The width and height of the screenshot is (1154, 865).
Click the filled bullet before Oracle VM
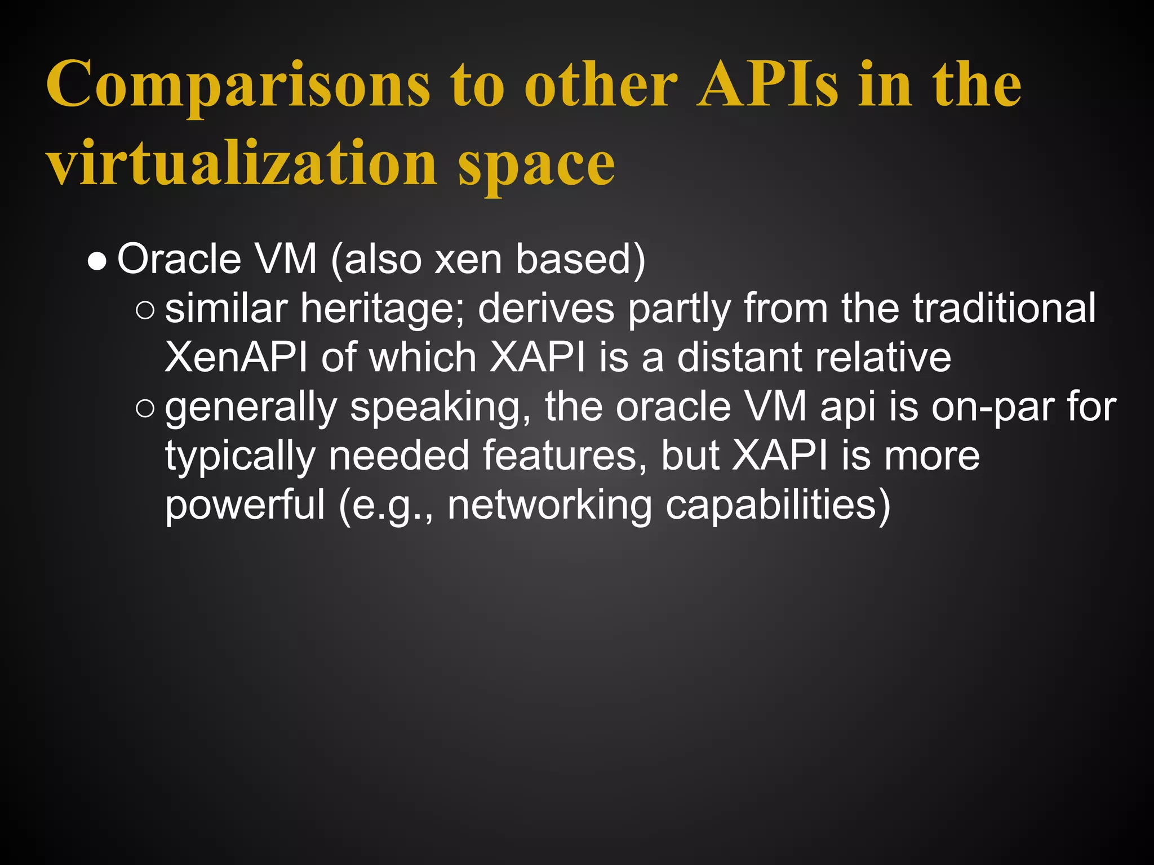click(x=97, y=262)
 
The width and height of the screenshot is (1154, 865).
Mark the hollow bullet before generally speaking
click(x=145, y=409)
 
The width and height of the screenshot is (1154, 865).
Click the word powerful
click(x=245, y=505)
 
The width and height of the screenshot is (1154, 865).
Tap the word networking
click(x=550, y=506)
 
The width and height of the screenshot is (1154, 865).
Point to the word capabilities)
click(x=778, y=505)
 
